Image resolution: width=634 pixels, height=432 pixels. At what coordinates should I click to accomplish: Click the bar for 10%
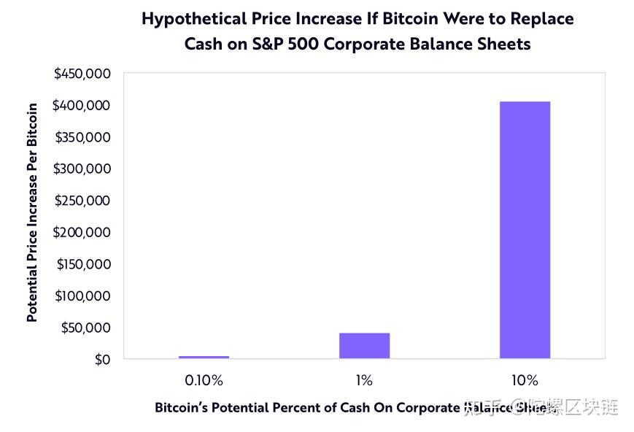pyautogui.click(x=525, y=230)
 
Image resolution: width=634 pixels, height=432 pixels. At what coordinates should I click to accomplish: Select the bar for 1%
pyautogui.click(x=364, y=346)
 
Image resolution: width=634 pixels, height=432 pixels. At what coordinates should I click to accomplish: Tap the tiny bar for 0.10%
pyautogui.click(x=204, y=357)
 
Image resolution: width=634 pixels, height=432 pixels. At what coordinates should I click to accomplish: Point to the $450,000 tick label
pyautogui.click(x=82, y=74)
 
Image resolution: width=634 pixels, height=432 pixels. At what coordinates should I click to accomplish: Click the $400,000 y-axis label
pyautogui.click(x=82, y=106)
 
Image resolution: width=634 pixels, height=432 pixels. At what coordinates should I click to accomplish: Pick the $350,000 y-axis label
pyautogui.click(x=82, y=137)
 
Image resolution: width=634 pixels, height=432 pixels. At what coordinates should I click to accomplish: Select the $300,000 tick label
pyautogui.click(x=82, y=169)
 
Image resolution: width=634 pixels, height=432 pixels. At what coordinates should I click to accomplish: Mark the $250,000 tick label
pyautogui.click(x=82, y=201)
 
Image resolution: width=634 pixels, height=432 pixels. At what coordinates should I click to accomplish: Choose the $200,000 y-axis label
pyautogui.click(x=82, y=232)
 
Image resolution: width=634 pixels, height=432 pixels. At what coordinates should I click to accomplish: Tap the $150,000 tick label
pyautogui.click(x=82, y=264)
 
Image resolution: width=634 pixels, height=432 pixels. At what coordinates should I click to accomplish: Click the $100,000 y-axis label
pyautogui.click(x=82, y=296)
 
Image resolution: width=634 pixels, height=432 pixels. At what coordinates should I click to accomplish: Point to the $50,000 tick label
pyautogui.click(x=86, y=328)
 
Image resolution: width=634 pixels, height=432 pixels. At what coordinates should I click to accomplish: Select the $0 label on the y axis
pyautogui.click(x=102, y=359)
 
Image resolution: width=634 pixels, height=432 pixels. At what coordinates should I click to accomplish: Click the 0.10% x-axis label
pyautogui.click(x=204, y=380)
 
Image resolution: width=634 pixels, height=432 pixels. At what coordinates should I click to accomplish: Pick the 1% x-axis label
pyautogui.click(x=364, y=380)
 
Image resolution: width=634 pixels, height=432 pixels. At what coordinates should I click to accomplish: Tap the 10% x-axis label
pyautogui.click(x=525, y=380)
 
